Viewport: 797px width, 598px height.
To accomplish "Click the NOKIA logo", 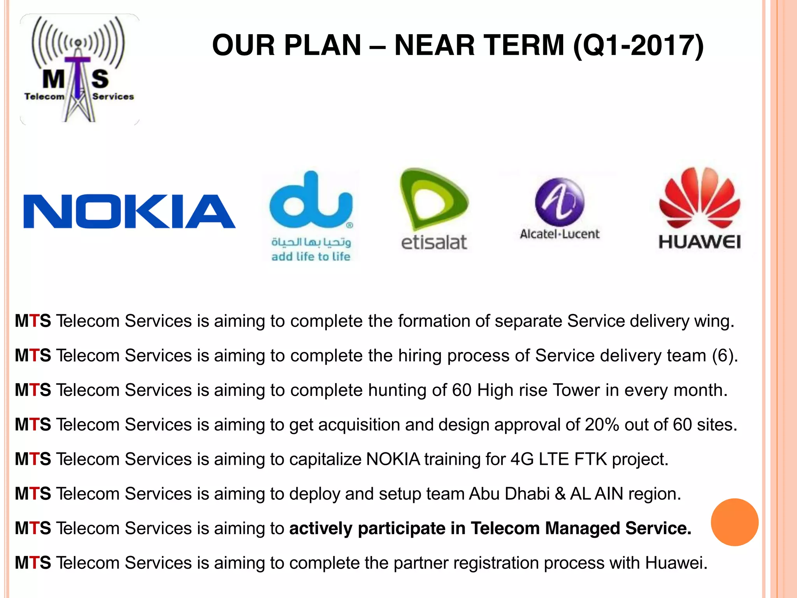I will [129, 211].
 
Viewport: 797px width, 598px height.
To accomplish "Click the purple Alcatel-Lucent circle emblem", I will [559, 202].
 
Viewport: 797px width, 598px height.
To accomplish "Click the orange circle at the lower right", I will [734, 522].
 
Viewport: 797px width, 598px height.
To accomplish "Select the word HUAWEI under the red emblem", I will [699, 242].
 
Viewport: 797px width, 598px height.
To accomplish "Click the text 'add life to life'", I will [311, 257].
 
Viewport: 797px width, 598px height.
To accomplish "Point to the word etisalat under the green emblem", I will [434, 243].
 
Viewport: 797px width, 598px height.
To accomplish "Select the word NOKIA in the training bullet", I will [393, 459].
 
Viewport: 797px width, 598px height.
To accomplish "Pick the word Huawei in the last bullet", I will [676, 563].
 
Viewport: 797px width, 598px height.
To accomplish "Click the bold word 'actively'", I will [321, 529].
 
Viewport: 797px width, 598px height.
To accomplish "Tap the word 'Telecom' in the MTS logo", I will [44, 97].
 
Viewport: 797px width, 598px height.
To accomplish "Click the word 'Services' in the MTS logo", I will [113, 97].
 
